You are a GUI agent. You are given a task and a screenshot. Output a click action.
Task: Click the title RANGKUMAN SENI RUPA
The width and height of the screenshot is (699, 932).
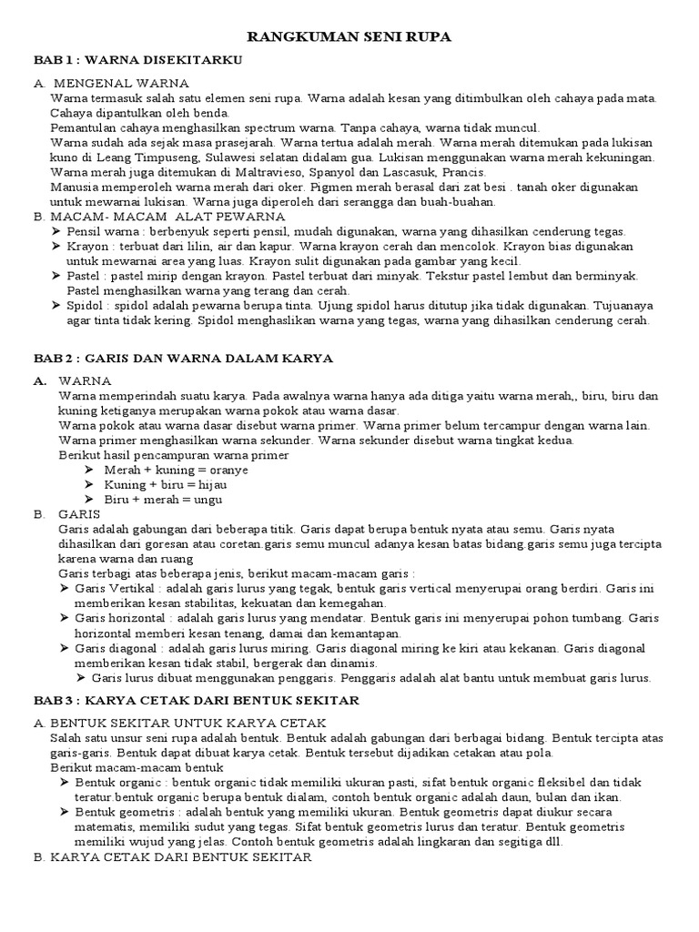tap(350, 36)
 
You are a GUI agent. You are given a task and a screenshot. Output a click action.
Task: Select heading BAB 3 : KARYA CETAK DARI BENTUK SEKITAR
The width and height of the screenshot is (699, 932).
tap(197, 700)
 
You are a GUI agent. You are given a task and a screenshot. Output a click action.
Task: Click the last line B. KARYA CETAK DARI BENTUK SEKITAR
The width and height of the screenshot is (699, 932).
tap(173, 857)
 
